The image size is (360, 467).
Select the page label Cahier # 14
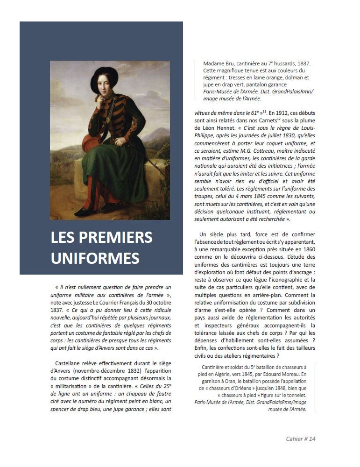pos(301,439)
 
